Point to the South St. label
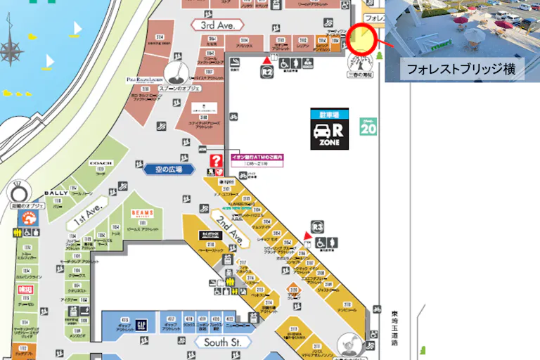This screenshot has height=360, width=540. point(222,342)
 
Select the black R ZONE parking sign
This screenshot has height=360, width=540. point(330,129)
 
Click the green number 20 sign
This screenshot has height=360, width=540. point(368,128)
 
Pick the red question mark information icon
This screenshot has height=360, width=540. point(217,162)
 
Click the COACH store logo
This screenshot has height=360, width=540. point(101,163)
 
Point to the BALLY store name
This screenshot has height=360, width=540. point(56,193)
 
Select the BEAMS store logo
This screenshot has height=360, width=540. point(142,212)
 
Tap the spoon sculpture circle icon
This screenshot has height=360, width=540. point(174,72)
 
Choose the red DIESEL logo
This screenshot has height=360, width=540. point(25,289)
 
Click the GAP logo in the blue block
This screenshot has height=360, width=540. point(141,324)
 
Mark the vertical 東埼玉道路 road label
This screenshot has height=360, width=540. point(395,328)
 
